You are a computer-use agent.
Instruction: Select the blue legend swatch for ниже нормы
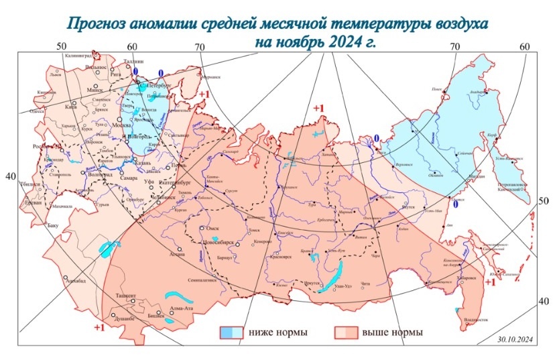pyautogui.click(x=232, y=332)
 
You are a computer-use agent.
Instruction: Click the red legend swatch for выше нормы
pyautogui.click(x=346, y=332)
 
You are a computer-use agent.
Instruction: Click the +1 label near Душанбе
pyautogui.click(x=99, y=327)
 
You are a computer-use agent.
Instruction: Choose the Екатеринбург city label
pyautogui.click(x=177, y=181)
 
